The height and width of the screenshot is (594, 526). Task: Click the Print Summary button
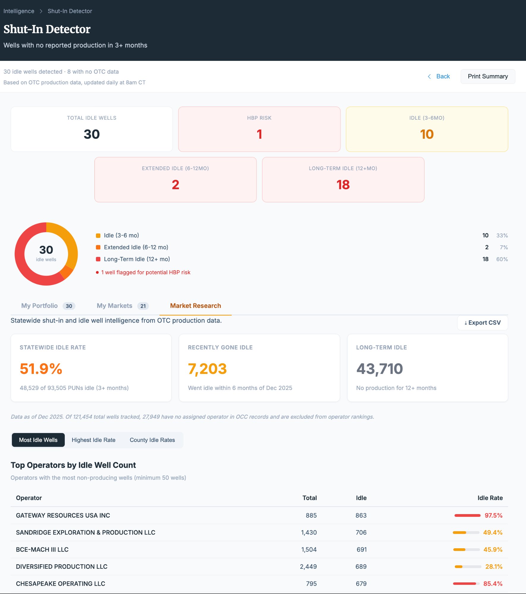point(488,76)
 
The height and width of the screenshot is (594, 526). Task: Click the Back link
point(443,76)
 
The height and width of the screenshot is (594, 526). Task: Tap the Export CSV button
point(482,323)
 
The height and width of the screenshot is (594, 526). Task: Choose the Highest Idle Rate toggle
point(94,440)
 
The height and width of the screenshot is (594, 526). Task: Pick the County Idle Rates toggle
point(152,440)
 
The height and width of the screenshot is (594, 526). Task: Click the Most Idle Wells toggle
point(38,440)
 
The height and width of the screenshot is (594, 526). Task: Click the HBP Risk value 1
point(259,134)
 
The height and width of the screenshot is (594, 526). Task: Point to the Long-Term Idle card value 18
point(343,185)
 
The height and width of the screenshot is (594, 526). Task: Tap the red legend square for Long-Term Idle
point(98,259)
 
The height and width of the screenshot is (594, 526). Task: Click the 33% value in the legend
point(502,236)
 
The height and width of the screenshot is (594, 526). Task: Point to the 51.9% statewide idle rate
point(41,369)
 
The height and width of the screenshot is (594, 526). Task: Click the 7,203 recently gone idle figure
point(207,369)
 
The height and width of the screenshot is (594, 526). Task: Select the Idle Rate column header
point(490,498)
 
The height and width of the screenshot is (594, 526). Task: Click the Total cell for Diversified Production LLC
point(308,567)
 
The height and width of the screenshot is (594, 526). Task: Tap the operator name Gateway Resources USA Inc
point(63,516)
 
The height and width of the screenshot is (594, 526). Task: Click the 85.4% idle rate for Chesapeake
point(493,584)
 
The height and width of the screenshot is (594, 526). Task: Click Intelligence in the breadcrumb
point(19,11)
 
